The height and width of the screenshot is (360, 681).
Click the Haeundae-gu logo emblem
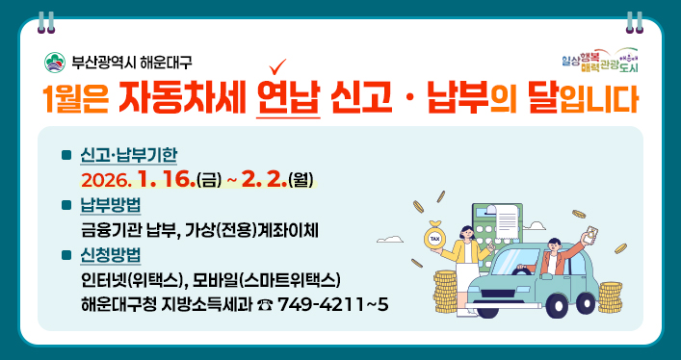[55, 63]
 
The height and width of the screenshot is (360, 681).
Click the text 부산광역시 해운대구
[131, 63]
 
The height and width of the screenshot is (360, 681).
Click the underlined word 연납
[288, 99]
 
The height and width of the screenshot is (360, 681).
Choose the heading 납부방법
[111, 205]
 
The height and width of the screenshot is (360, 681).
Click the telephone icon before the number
[265, 305]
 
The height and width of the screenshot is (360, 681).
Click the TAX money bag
[435, 240]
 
